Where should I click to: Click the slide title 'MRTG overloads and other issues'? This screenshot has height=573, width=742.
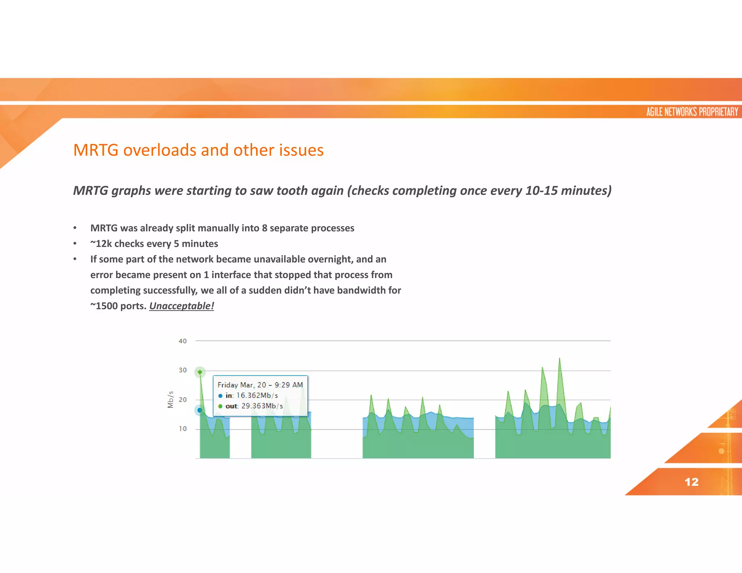pyautogui.click(x=198, y=150)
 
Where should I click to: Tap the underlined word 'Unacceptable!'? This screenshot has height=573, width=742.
pyautogui.click(x=182, y=306)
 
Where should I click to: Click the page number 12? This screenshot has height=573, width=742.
pyautogui.click(x=691, y=482)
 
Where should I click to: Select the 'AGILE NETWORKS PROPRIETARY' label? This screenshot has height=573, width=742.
pyautogui.click(x=692, y=112)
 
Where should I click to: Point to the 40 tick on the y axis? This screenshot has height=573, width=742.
pyautogui.click(x=183, y=341)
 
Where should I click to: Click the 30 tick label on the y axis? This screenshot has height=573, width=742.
pyautogui.click(x=183, y=370)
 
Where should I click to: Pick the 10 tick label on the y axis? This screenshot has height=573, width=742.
pyautogui.click(x=183, y=429)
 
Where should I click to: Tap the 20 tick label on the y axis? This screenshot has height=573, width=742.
pyautogui.click(x=183, y=400)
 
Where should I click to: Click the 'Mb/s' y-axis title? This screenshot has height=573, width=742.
pyautogui.click(x=171, y=400)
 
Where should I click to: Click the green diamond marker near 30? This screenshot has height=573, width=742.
pyautogui.click(x=200, y=372)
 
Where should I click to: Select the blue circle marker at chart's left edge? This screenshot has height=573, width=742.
pyautogui.click(x=200, y=410)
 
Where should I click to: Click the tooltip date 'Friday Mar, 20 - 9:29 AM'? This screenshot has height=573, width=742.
pyautogui.click(x=260, y=385)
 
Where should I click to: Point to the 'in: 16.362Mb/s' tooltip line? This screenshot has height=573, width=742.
pyautogui.click(x=251, y=396)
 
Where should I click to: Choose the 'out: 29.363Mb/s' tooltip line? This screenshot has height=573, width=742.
pyautogui.click(x=254, y=406)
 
